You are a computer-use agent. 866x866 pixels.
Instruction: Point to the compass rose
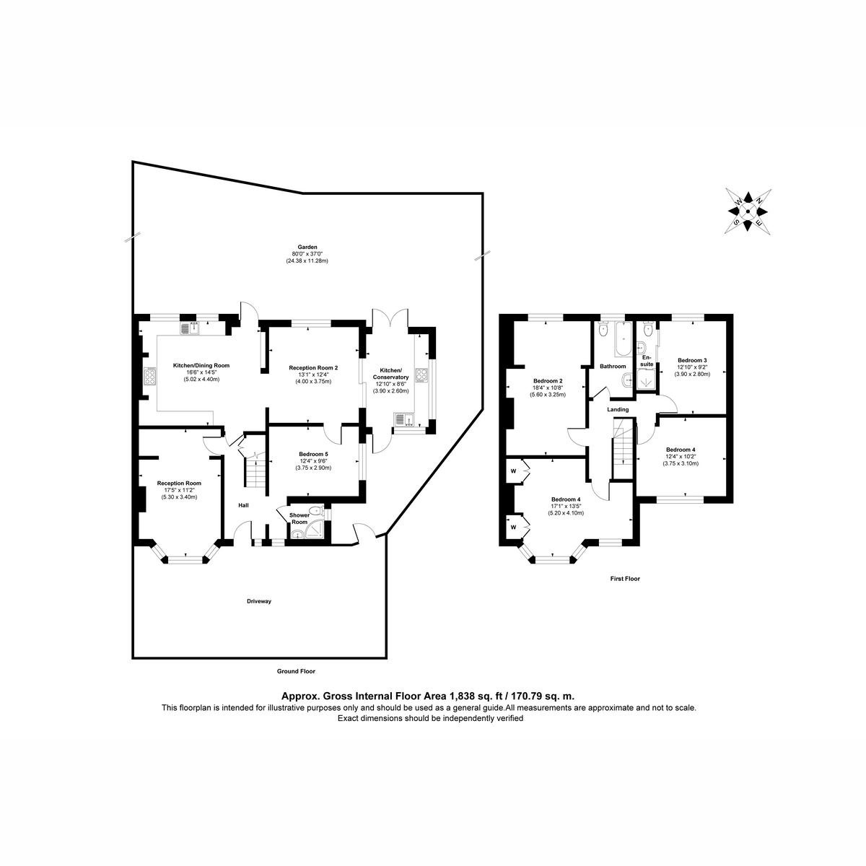click(x=749, y=211)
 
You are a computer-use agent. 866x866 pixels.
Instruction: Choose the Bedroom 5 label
click(x=313, y=454)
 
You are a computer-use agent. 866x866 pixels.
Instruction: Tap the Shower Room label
click(x=299, y=518)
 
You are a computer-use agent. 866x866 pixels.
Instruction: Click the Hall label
click(x=244, y=505)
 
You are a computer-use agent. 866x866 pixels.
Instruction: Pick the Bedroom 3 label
click(x=692, y=360)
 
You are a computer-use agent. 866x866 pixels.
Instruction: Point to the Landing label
click(x=618, y=409)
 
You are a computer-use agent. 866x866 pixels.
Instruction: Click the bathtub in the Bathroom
click(x=622, y=341)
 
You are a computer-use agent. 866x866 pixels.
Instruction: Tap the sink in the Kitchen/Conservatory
click(x=403, y=420)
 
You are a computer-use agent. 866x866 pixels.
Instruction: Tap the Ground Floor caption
click(x=296, y=670)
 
